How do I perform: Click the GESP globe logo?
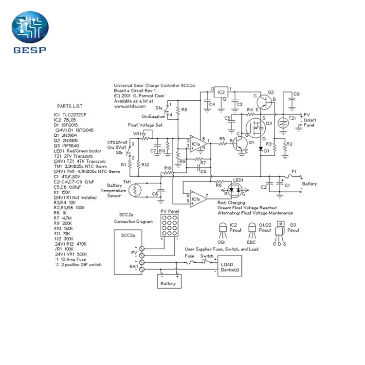[x=30, y=29]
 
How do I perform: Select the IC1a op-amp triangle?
[x=197, y=144]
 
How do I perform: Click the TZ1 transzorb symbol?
[x=282, y=124]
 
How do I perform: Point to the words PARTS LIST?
[x=70, y=106]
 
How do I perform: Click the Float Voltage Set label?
[x=145, y=126]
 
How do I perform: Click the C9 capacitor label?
[x=296, y=93]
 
